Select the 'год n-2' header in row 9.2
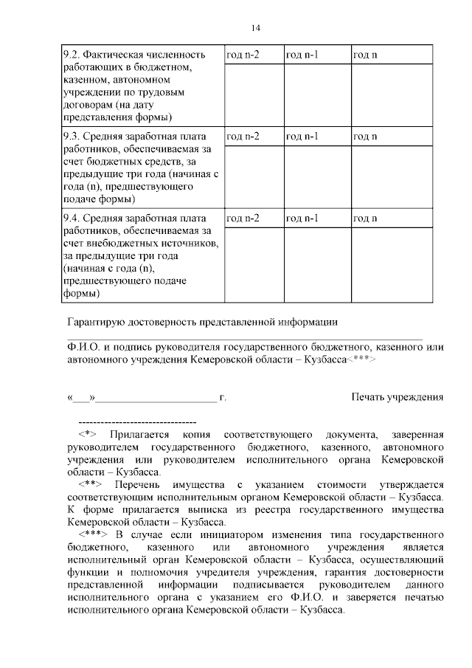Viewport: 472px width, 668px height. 242,55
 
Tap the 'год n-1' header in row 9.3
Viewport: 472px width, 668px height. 302,137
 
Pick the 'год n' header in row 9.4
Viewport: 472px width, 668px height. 365,218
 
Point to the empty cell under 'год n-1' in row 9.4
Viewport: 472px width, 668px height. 315,265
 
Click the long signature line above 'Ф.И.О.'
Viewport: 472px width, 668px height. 243,338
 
